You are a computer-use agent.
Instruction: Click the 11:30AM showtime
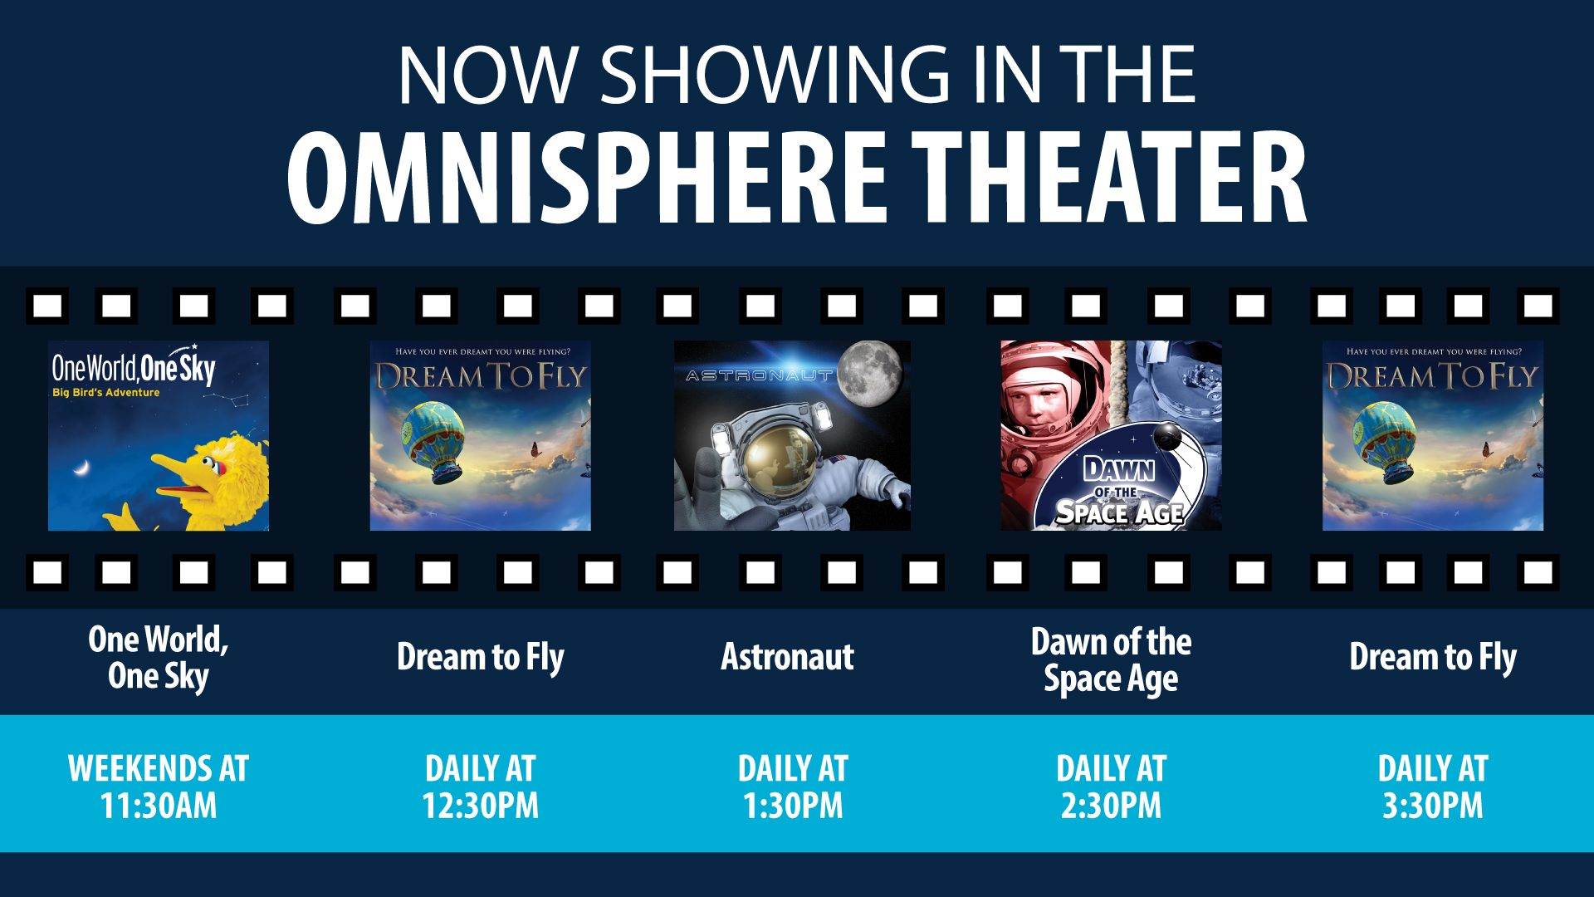(159, 806)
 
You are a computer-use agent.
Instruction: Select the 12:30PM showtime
(481, 806)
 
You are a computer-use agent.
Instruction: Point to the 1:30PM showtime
(793, 806)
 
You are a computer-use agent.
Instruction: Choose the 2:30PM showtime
(1111, 806)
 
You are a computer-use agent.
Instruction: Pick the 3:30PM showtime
(1433, 806)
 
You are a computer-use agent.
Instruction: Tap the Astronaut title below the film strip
(787, 657)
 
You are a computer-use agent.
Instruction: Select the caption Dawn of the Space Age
(1111, 659)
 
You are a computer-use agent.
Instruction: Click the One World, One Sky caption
(159, 657)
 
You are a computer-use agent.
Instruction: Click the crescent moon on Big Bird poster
(81, 468)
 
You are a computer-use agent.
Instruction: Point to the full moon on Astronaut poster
(870, 375)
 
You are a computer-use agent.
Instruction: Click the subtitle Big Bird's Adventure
(105, 393)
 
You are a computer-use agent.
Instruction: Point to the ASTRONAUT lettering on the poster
(759, 376)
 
